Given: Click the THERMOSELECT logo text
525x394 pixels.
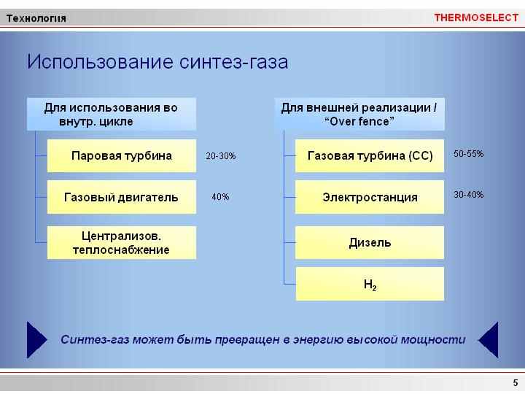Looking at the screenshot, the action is click(476, 18).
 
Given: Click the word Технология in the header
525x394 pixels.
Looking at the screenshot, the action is click(36, 18).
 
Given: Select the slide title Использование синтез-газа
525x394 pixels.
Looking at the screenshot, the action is click(157, 61).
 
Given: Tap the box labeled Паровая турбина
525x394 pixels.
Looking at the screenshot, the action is click(122, 156).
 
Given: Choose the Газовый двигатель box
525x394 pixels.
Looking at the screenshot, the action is click(122, 197).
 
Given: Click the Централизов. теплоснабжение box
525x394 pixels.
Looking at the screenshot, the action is click(122, 242).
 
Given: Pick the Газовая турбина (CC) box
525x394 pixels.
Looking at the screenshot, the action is click(370, 156).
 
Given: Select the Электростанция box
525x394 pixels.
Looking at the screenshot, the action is click(370, 197).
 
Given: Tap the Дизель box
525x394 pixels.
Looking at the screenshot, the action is click(370, 242).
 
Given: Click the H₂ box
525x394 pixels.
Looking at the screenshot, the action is click(370, 284).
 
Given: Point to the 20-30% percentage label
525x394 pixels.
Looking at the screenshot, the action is click(221, 156).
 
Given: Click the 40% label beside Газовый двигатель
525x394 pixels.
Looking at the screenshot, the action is click(220, 197).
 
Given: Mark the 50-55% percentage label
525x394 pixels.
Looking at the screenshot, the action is click(468, 154).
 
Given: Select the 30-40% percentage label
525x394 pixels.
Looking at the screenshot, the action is click(468, 195).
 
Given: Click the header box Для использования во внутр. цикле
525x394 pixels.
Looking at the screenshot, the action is click(112, 114).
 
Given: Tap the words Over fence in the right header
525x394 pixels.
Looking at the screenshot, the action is click(359, 121).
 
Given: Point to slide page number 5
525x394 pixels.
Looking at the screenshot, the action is click(516, 382).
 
